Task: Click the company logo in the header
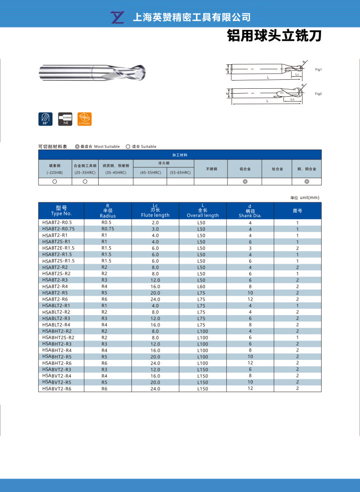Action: (x=118, y=17)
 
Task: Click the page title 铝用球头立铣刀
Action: (x=274, y=36)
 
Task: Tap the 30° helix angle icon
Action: (x=45, y=119)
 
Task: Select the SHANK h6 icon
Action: (x=65, y=119)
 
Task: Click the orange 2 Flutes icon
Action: (x=85, y=119)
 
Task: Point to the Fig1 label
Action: (x=318, y=70)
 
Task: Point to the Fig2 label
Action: (x=318, y=94)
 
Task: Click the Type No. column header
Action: (x=61, y=210)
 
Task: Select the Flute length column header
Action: (x=155, y=210)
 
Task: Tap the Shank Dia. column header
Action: (x=250, y=210)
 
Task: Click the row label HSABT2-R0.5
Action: (x=57, y=222)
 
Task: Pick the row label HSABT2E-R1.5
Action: (x=58, y=248)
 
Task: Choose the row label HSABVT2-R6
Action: (x=57, y=388)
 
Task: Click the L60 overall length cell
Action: (x=201, y=286)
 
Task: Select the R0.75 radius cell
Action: (x=108, y=228)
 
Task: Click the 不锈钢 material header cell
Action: (x=211, y=169)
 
